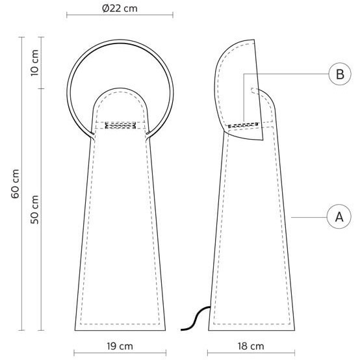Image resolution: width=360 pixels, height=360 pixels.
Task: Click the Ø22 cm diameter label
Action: point(120,8)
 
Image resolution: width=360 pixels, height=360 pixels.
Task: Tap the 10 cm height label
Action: point(34,62)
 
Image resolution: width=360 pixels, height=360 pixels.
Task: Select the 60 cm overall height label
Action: point(15,184)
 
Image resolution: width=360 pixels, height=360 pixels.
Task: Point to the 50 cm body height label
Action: point(34,209)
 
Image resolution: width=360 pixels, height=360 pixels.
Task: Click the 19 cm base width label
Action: point(120,346)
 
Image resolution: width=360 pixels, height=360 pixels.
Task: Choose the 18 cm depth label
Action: point(251,346)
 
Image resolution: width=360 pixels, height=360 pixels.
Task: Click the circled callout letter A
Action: point(339,216)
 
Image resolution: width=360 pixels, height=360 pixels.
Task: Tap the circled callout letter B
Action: point(340,74)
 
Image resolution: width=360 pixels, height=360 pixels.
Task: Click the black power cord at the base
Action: point(196,318)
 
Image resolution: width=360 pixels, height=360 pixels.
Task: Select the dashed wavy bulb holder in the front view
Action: point(120,125)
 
